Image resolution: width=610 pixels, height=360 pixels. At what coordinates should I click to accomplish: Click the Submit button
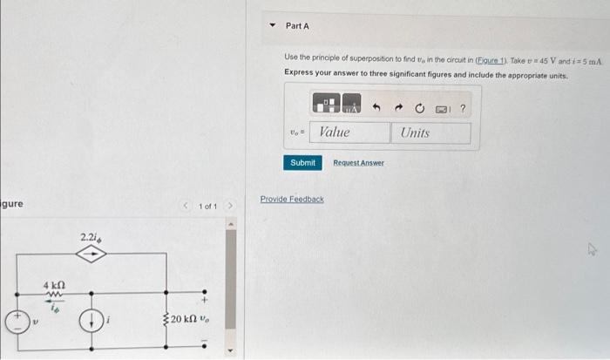pyautogui.click(x=302, y=163)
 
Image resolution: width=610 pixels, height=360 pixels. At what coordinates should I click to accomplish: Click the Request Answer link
pyautogui.click(x=358, y=163)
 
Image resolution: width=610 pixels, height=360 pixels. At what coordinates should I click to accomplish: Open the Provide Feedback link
pyautogui.click(x=292, y=200)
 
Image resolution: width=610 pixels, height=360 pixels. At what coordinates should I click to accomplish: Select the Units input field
pyautogui.click(x=431, y=132)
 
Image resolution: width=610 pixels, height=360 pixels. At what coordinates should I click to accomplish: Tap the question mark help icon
pyautogui.click(x=463, y=108)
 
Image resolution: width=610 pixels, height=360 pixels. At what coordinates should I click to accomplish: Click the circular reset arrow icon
pyautogui.click(x=419, y=108)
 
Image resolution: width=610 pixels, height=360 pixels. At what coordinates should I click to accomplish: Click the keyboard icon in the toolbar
pyautogui.click(x=441, y=108)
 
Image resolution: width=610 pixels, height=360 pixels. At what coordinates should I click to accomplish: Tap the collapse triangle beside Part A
pyautogui.click(x=273, y=26)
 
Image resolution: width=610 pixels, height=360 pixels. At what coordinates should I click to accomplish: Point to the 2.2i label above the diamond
pyautogui.click(x=90, y=236)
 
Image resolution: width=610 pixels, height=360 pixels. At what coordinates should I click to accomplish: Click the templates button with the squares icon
pyautogui.click(x=326, y=108)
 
